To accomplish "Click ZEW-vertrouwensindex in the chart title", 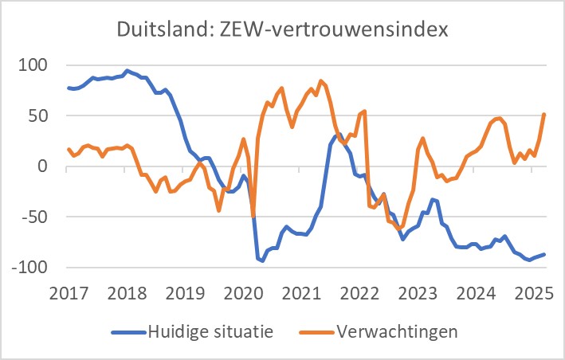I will [330, 33].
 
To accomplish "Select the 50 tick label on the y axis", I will [39, 115].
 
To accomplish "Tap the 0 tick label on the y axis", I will [44, 166].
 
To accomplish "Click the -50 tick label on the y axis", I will [36, 217].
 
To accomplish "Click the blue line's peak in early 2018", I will [128, 70].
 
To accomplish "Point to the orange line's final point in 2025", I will [544, 115].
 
